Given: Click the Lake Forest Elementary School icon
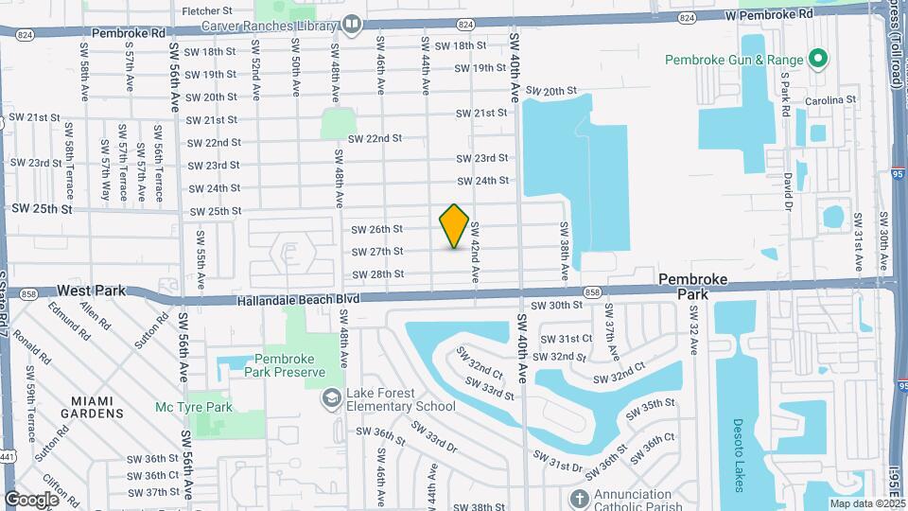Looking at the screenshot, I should (x=331, y=397).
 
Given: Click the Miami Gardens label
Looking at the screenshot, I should (x=92, y=406).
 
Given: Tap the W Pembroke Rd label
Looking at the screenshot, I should (x=769, y=15).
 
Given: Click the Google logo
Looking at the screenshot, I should (x=31, y=499).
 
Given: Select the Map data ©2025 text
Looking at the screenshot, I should (x=866, y=503).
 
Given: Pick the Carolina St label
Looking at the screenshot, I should (x=829, y=99).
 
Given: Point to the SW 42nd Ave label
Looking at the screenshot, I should (x=476, y=251).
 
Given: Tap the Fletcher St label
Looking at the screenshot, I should (x=205, y=10).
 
